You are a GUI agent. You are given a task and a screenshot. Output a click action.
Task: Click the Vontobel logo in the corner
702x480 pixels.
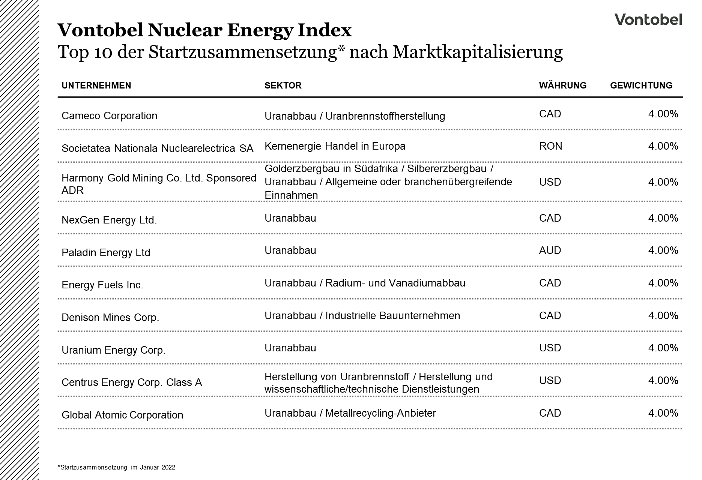tap(648, 19)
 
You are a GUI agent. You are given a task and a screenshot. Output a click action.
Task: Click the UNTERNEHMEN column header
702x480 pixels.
tap(96, 85)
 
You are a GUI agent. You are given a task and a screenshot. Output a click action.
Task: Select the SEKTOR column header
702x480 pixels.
tap(283, 85)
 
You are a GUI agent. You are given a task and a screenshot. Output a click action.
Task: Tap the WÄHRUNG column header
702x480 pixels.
tap(562, 85)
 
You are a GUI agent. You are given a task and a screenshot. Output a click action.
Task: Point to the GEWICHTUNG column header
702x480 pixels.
tap(641, 85)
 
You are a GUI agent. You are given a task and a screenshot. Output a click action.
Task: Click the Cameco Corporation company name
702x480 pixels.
tap(109, 116)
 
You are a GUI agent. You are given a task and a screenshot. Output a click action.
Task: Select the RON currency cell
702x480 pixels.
tap(550, 146)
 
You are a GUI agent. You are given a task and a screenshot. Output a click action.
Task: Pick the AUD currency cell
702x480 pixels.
tap(550, 250)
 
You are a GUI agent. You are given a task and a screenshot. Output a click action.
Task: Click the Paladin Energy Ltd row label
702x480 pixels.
tap(106, 252)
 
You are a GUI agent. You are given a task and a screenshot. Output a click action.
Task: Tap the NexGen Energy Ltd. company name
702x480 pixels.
tap(109, 220)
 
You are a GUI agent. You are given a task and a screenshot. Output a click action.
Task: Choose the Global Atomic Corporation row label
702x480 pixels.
tap(122, 415)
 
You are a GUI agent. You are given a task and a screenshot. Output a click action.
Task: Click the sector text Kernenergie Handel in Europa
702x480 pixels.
tap(335, 146)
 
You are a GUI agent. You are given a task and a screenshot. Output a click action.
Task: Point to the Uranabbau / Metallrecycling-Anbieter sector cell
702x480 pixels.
tap(350, 413)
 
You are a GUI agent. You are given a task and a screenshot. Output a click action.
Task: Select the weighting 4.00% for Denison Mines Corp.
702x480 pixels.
tap(663, 315)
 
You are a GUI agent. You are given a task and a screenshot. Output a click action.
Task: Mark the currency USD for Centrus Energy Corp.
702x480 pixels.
tap(550, 380)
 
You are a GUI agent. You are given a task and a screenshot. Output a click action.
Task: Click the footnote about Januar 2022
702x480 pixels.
tap(116, 467)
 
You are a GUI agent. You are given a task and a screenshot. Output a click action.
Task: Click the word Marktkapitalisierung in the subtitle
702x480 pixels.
tap(477, 52)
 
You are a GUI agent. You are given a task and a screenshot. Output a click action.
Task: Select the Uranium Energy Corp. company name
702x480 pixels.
tap(113, 350)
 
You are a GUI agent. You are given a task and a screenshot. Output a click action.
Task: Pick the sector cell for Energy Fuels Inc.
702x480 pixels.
tap(365, 283)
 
